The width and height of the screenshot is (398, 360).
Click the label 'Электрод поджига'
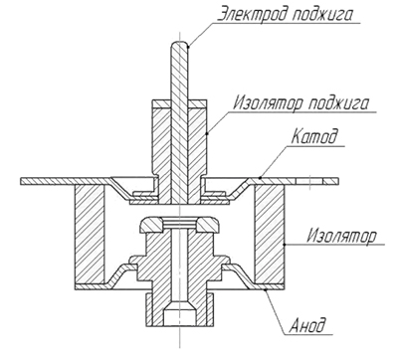pos(285,14)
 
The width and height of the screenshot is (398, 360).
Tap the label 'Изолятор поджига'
pos(300,102)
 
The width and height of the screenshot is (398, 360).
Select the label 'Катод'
pos(314,136)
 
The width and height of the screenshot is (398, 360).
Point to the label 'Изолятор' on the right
pos(341,235)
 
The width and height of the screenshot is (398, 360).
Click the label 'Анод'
pos(307,324)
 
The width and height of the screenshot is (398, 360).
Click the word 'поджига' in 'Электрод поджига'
pos(322,15)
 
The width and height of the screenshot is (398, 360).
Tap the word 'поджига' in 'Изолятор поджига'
pos(338,103)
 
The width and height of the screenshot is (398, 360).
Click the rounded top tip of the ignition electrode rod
pos(179,43)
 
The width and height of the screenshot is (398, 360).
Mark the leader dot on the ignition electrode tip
pos(188,47)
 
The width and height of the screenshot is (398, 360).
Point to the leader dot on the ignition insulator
pos(207,134)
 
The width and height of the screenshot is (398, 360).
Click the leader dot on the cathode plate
pos(261,178)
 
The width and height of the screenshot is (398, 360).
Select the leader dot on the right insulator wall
pos(285,245)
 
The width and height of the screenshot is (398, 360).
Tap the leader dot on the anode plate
pos(266,289)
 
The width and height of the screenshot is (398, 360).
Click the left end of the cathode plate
pos(21,181)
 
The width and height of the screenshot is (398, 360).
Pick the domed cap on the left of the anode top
pos(151,225)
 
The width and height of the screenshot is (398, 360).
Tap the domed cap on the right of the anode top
pos(207,225)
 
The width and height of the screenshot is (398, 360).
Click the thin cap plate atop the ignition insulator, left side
pos(161,103)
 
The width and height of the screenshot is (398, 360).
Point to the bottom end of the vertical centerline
pos(179,348)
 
